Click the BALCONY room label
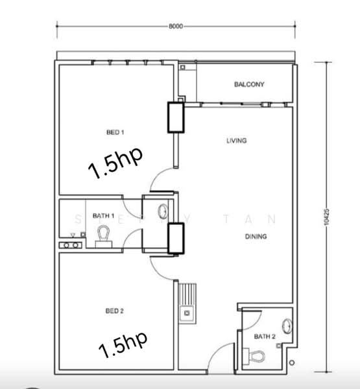[249, 85]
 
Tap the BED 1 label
[115, 133]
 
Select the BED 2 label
[114, 311]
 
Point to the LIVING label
[237, 141]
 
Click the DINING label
[256, 237]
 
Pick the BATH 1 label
[104, 215]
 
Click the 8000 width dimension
[176, 27]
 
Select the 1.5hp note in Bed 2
[123, 345]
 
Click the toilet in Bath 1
[104, 235]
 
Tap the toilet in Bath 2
[258, 355]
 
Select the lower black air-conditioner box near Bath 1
[176, 238]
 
